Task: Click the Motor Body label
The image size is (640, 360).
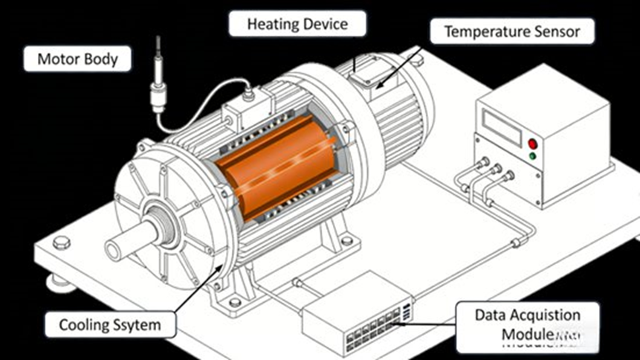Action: (x=77, y=59)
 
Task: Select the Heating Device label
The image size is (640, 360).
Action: (x=297, y=24)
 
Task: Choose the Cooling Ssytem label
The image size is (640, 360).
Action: (x=109, y=324)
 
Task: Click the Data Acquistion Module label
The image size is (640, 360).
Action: (x=527, y=324)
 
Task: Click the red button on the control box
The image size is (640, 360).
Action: (x=532, y=143)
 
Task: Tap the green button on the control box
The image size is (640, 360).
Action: (x=532, y=156)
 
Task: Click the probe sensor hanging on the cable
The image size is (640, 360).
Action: (x=157, y=83)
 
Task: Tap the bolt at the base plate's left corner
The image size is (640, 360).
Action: (x=62, y=241)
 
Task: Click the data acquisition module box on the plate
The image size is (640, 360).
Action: (x=357, y=304)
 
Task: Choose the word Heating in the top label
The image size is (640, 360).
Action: (x=273, y=24)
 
